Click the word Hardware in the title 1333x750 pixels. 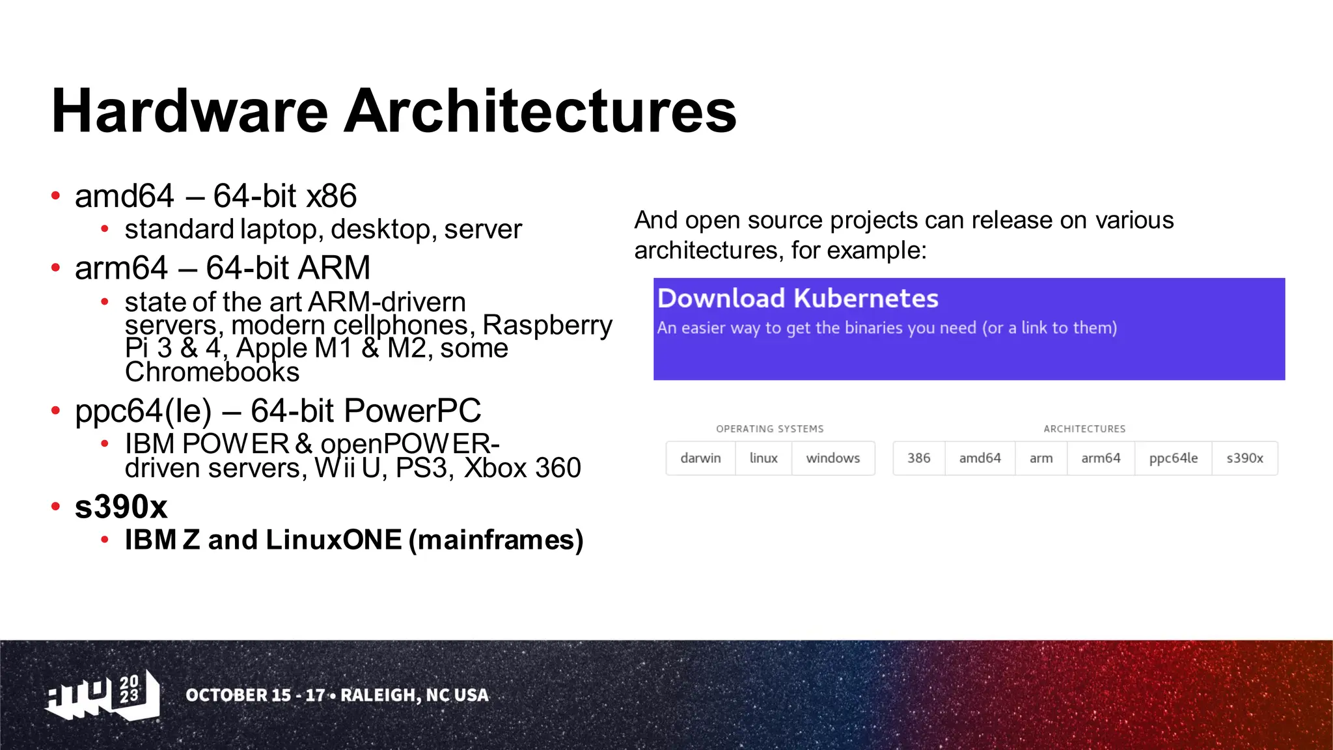tap(189, 111)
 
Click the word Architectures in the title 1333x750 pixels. tap(540, 111)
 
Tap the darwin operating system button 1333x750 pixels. tap(700, 458)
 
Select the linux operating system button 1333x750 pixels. tap(763, 458)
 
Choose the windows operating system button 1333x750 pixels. tap(832, 458)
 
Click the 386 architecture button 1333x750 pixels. tap(918, 458)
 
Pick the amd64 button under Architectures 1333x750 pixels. tap(980, 458)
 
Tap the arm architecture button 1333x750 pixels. tap(1041, 458)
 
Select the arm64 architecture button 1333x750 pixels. tap(1101, 458)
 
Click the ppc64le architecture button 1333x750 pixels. tap(1173, 458)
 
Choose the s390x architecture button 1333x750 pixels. tap(1244, 458)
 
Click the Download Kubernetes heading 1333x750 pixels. tap(797, 299)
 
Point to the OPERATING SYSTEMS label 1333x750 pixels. tap(769, 429)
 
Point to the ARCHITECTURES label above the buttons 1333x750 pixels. tap(1084, 429)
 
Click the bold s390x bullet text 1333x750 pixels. tap(121, 507)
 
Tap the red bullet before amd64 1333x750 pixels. tap(56, 196)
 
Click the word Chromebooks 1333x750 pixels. tap(212, 372)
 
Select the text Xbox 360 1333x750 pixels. tap(523, 468)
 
